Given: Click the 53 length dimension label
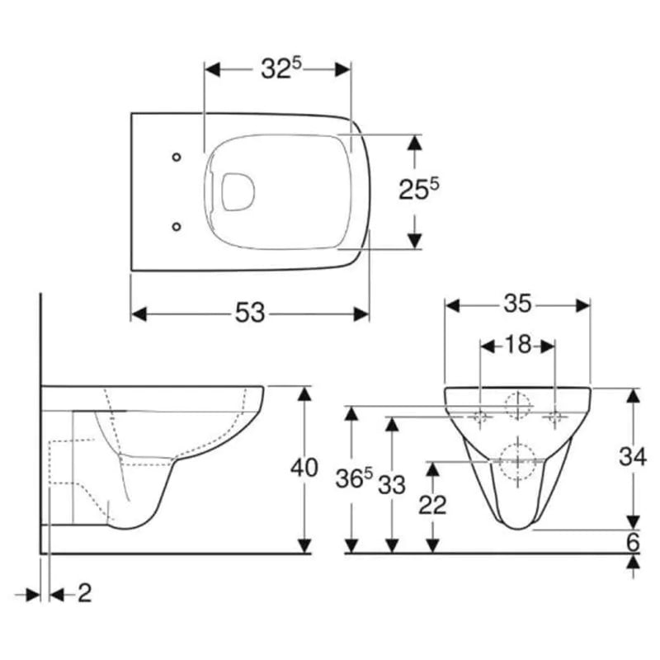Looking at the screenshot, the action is pyautogui.click(x=250, y=313).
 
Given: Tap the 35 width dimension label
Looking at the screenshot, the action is pyautogui.click(x=517, y=304).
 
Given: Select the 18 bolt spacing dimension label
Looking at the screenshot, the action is pyautogui.click(x=517, y=345).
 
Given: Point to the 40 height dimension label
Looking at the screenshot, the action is pyautogui.click(x=304, y=468).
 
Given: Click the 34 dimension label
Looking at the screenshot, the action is pyautogui.click(x=632, y=456).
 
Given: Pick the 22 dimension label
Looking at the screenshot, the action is pyautogui.click(x=432, y=505).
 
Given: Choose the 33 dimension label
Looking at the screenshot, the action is pyautogui.click(x=391, y=484).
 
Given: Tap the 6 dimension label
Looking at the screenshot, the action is pyautogui.click(x=633, y=542).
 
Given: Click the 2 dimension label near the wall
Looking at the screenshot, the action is pyautogui.click(x=85, y=593).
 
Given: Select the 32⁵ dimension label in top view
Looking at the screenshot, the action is pyautogui.click(x=281, y=68).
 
